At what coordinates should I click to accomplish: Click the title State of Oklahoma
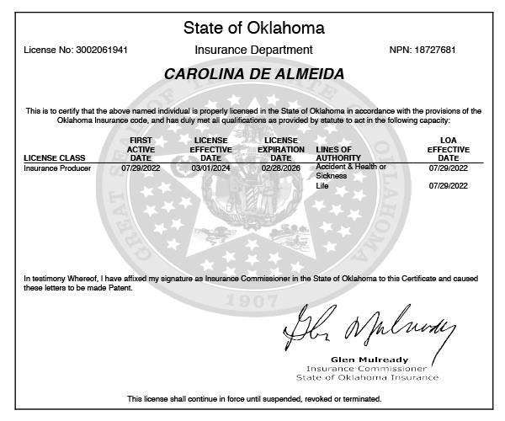252,28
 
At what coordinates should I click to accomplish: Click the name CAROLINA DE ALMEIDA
253,75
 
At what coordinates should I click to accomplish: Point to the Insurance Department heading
252,51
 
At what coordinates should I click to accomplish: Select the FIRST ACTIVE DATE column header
141,148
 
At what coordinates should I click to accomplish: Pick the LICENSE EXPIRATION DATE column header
280,148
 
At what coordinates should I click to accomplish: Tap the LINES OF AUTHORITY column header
338,153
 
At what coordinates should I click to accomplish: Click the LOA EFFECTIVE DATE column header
449,148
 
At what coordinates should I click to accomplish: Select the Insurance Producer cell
57,168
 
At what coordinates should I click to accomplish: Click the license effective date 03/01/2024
210,168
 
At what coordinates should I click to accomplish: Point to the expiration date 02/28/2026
280,168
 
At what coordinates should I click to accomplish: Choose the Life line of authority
321,185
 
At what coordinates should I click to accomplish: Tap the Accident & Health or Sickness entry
350,171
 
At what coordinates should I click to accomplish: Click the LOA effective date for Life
449,185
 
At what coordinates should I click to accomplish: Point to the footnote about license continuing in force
254,398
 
